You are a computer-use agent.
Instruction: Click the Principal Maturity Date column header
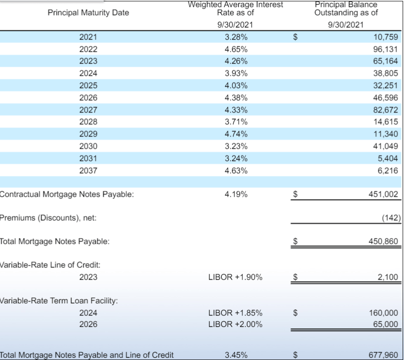pos(88,13)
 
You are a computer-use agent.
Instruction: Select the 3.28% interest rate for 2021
pos(236,37)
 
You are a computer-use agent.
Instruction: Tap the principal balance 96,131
pos(385,49)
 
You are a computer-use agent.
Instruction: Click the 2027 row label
pos(88,109)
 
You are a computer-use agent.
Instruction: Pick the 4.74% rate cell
pos(236,134)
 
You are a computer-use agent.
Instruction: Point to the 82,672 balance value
pos(385,109)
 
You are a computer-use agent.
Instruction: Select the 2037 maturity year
pos(88,170)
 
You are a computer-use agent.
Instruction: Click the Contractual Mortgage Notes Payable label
pos(67,195)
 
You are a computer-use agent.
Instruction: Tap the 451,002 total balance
pos(384,195)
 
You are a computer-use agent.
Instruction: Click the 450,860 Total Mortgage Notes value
pos(384,242)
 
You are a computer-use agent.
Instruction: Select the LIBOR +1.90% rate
pos(235,277)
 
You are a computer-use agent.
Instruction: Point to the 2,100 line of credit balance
pos(389,277)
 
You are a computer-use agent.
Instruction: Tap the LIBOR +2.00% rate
pos(235,324)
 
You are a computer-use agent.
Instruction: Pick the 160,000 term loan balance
pos(384,312)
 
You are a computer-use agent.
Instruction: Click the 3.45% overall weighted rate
pos(236,355)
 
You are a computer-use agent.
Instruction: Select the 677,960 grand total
pos(384,355)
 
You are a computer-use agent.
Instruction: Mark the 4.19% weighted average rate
pos(236,195)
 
